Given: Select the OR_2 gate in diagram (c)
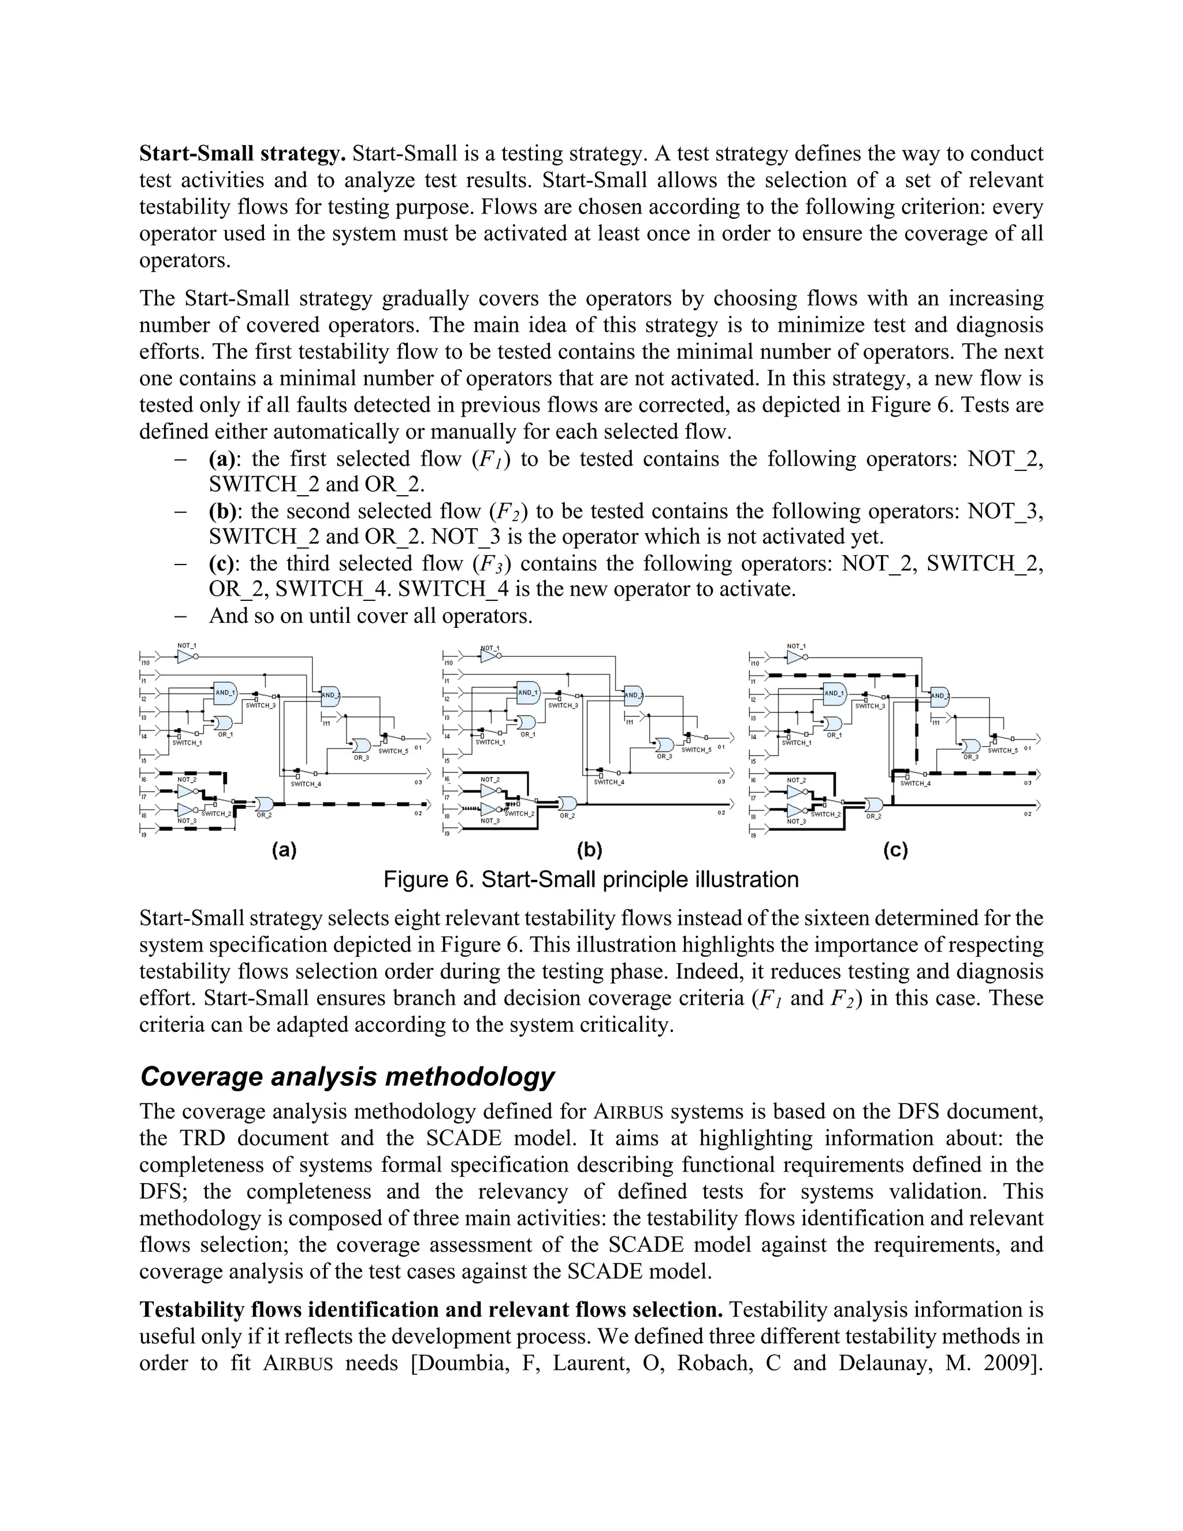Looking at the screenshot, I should pos(874,804).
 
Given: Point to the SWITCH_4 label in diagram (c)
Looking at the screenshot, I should pos(914,783).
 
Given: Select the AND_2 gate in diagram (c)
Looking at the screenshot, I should pos(939,696).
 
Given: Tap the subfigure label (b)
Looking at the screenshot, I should pos(589,850).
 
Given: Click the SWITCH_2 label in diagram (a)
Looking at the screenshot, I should pos(217,814).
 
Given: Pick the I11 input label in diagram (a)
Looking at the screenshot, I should pos(326,723).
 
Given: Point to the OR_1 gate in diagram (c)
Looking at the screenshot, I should pos(834,723).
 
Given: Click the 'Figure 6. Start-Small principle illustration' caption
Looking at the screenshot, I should pos(591,880).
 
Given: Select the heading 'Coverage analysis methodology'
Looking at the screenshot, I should pos(348,1076).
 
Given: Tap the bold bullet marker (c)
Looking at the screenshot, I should pos(224,564).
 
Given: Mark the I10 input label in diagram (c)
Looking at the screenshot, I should pos(755,663).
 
